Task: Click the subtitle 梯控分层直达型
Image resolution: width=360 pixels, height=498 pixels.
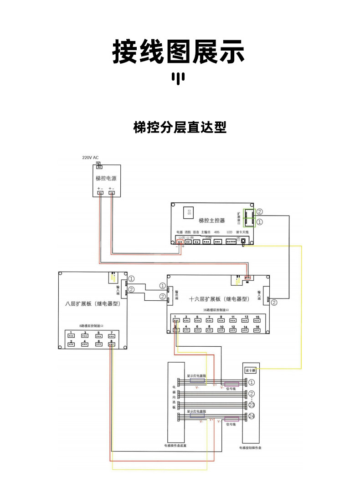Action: tap(180, 127)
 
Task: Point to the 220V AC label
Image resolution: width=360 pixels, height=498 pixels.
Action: tap(90, 158)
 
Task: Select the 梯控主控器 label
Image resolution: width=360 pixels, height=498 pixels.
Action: tap(212, 221)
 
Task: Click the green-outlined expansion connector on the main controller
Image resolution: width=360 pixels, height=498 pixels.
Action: tap(249, 217)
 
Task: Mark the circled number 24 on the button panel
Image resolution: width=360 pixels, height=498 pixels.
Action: tap(252, 416)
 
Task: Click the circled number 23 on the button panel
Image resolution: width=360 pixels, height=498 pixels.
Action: tap(252, 405)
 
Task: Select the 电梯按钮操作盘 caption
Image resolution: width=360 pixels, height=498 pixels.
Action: tap(250, 447)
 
